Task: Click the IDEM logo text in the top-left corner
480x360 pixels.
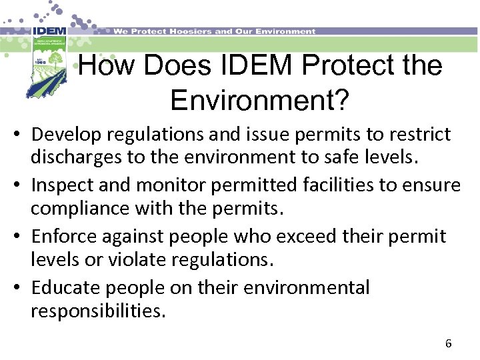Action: pos(48,31)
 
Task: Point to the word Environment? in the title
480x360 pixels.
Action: pos(259,100)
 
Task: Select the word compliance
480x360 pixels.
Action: pos(75,209)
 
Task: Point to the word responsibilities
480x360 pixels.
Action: pos(97,311)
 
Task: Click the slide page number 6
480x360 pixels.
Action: pos(448,344)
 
